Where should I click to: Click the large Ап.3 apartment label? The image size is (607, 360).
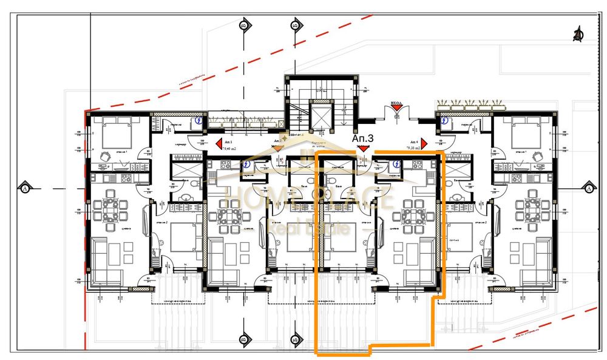click(x=363, y=138)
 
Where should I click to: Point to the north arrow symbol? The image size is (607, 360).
click(x=578, y=34)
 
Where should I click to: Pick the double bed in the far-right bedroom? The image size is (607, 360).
click(x=524, y=132)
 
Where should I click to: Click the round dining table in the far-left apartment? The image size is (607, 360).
click(x=112, y=209)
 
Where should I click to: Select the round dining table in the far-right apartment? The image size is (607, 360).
click(x=531, y=209)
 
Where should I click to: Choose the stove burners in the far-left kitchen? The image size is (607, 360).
click(x=126, y=178)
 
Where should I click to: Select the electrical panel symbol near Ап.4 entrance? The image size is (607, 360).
click(x=445, y=120)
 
